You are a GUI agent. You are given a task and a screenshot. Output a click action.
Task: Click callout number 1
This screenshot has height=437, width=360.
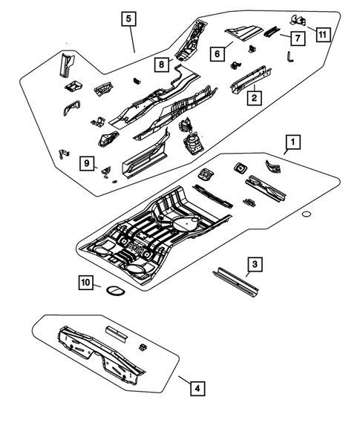pyautogui.click(x=293, y=141)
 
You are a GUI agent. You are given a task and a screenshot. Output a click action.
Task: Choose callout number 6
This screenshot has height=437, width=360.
pyautogui.click(x=217, y=54)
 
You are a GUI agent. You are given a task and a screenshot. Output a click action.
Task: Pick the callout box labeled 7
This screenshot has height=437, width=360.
pyautogui.click(x=295, y=37)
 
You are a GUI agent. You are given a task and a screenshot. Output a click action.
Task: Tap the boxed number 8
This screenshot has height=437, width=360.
pyautogui.click(x=160, y=65)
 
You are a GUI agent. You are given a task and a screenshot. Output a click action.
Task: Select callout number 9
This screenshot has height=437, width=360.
pyautogui.click(x=87, y=163)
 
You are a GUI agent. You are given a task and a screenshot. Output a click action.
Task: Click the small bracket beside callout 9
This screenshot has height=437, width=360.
pyautogui.click(x=107, y=172)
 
